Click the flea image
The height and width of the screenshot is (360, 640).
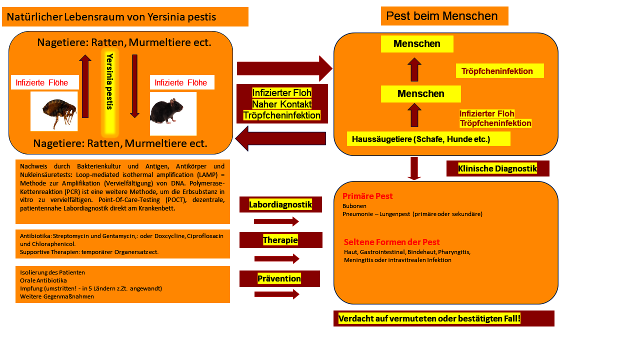[x=54, y=111]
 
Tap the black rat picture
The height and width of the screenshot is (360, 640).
[x=173, y=113]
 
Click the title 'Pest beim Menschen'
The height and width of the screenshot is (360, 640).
[x=444, y=16]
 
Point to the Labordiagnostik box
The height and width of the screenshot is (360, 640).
[x=280, y=204]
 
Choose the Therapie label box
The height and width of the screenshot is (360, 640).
[x=280, y=240]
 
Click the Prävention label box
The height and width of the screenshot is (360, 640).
[x=279, y=278]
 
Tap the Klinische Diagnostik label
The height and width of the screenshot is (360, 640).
[x=497, y=168]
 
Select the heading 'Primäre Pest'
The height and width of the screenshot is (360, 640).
[x=367, y=196]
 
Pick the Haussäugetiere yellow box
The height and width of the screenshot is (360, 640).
[x=428, y=139]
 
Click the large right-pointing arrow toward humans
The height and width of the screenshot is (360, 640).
[x=284, y=68]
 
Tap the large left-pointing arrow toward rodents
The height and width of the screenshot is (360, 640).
[x=281, y=138]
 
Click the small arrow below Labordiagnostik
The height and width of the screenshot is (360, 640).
[x=276, y=221]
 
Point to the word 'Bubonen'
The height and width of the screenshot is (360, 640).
[x=354, y=205]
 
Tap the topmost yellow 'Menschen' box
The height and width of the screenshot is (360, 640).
[x=417, y=44]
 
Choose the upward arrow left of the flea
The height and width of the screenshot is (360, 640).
[x=85, y=86]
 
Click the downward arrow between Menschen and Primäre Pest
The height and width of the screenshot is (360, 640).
[x=414, y=168]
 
